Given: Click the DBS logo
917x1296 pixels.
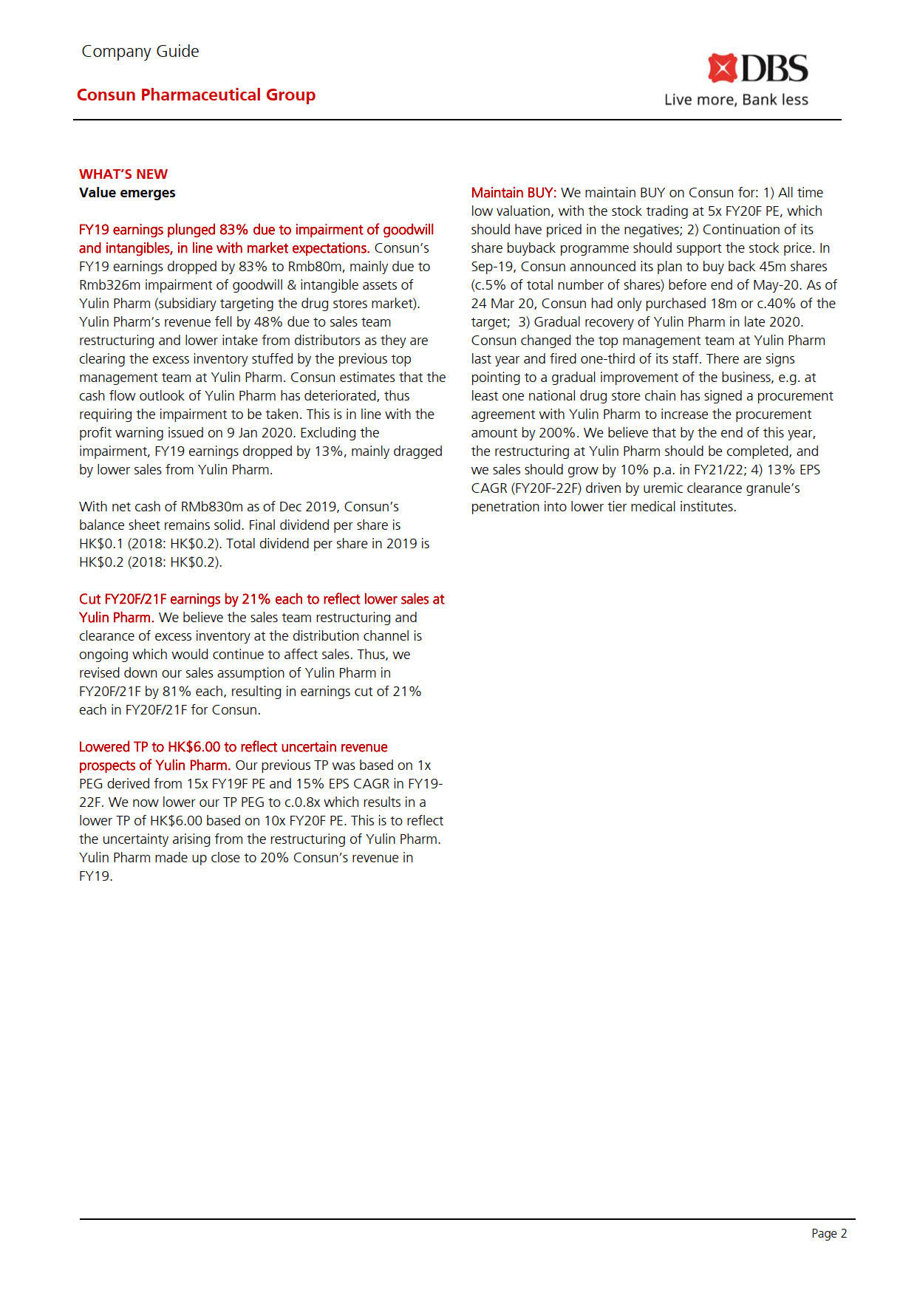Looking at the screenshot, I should (757, 69).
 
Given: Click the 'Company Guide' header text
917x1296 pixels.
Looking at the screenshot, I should (140, 52).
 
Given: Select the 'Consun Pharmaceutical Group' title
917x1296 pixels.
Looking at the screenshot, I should (196, 95).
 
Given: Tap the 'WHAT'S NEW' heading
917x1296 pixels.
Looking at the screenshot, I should (123, 174).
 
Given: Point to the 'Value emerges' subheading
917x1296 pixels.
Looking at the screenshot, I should (127, 193).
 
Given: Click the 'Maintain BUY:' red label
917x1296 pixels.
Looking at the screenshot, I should (514, 193).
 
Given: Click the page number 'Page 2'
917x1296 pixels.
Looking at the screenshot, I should (829, 1233).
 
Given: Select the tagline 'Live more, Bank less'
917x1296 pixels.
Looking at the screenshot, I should (736, 100).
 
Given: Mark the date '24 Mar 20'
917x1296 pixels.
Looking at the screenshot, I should (502, 304).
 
